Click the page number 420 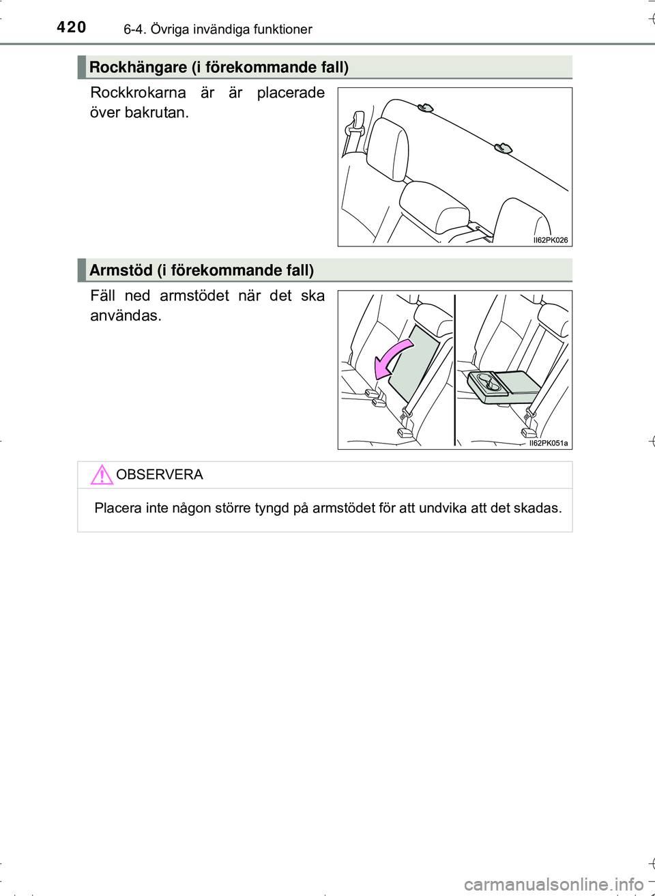(x=72, y=27)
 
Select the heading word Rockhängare (x=138, y=67)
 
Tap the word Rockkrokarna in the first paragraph (x=138, y=93)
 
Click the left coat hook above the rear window (x=425, y=107)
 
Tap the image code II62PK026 (x=550, y=240)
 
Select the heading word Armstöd (x=121, y=270)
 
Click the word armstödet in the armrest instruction (x=194, y=296)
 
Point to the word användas (x=126, y=316)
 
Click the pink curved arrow (x=392, y=358)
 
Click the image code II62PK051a (x=548, y=444)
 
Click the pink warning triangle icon (x=102, y=474)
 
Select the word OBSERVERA (x=160, y=475)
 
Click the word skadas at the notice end (x=540, y=508)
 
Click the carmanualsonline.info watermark (x=553, y=884)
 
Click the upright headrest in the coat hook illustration (x=388, y=148)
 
